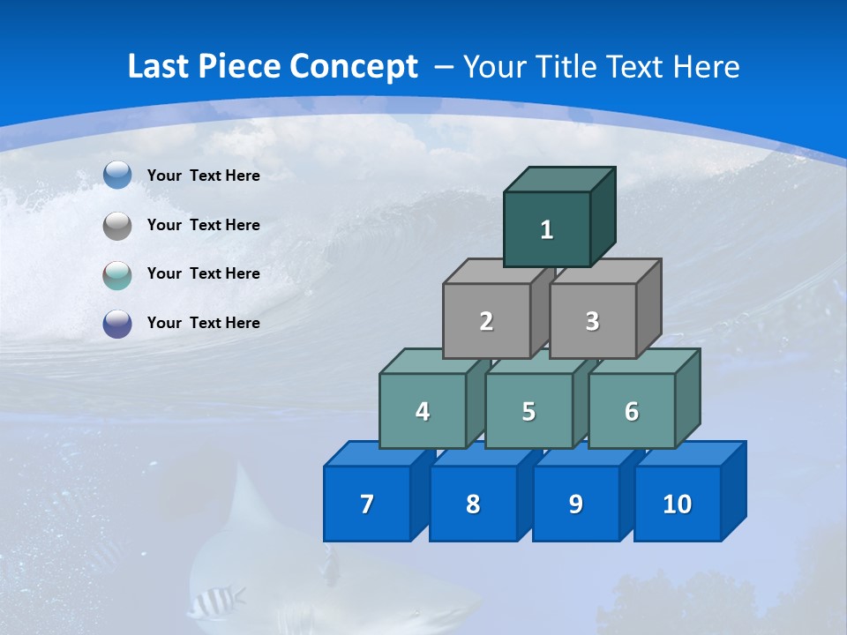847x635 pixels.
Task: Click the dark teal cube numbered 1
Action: click(547, 229)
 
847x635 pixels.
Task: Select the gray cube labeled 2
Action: click(486, 321)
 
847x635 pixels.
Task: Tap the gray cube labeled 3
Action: click(592, 321)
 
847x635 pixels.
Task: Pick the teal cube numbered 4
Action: click(423, 411)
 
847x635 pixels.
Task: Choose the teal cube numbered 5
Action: click(528, 411)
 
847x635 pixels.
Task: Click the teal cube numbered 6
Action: click(632, 411)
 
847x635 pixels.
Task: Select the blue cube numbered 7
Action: click(367, 504)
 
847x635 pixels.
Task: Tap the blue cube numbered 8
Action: click(473, 504)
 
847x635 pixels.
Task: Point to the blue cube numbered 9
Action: click(575, 504)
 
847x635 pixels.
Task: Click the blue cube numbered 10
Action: click(677, 504)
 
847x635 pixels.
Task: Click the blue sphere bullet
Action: click(117, 176)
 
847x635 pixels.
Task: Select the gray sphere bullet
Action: click(117, 226)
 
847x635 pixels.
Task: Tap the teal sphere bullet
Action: click(117, 274)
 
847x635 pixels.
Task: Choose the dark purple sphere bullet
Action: click(117, 324)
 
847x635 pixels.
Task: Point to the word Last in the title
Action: click(159, 67)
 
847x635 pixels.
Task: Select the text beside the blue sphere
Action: click(203, 176)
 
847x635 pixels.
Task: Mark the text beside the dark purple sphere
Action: click(203, 323)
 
